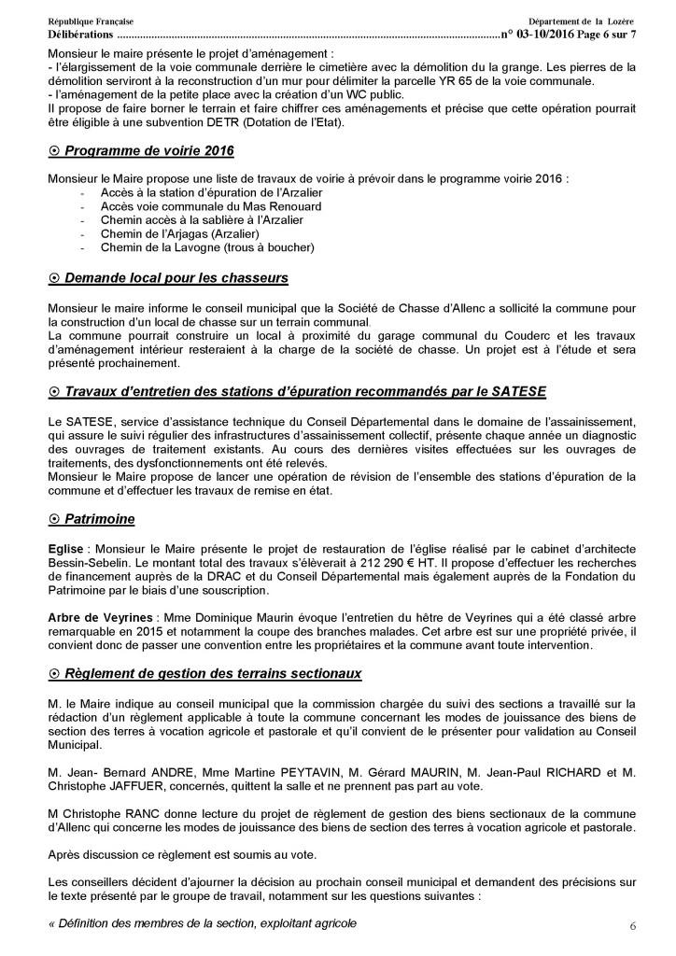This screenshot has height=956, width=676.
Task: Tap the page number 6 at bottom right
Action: pos(632,925)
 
